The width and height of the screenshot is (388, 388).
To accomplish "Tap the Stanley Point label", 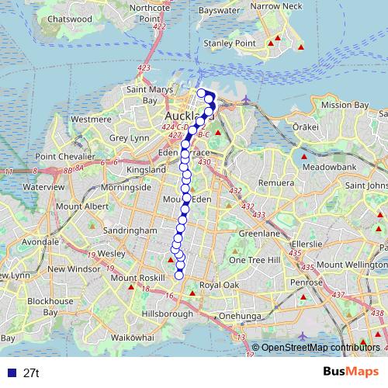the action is [223, 43].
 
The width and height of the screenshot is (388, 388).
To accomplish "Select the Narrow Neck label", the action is [275, 5].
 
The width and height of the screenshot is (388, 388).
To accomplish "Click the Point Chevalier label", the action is [66, 156].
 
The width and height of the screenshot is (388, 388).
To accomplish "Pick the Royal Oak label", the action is [220, 286].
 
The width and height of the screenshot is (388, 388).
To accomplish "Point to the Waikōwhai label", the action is [133, 338].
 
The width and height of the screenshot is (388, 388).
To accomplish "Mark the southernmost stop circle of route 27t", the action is [179, 275].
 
